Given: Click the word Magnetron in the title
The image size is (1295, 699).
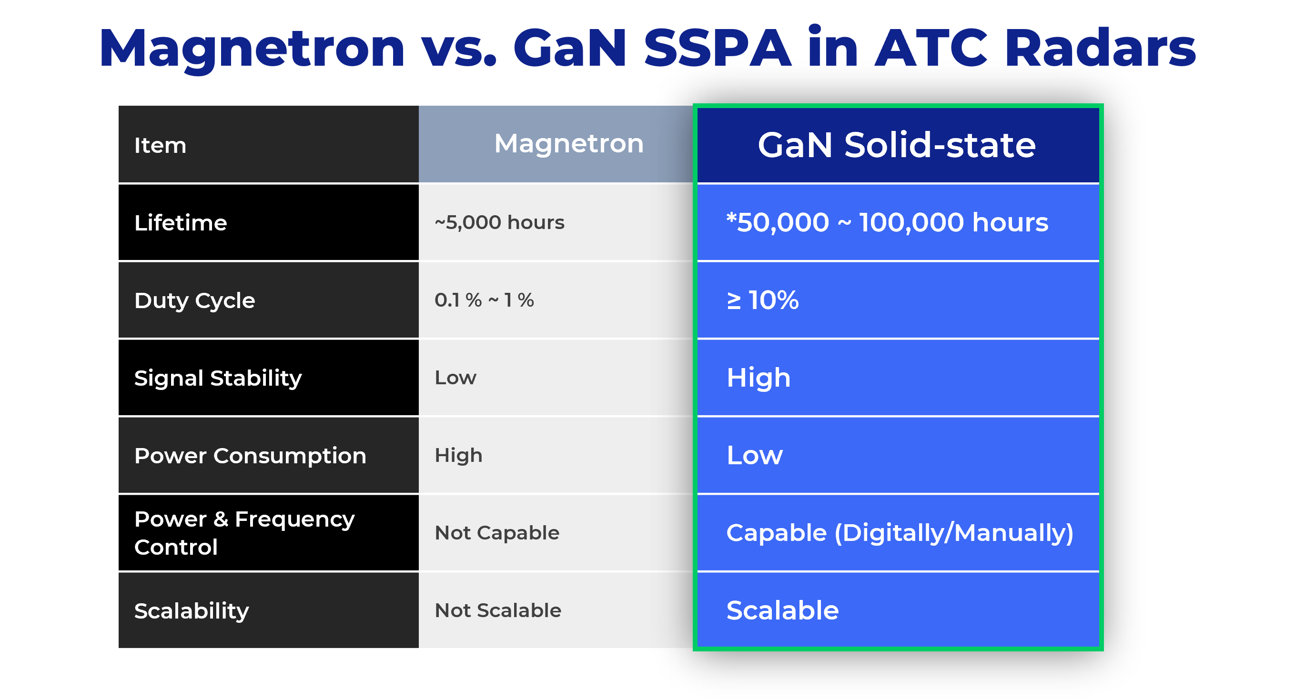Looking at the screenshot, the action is pyautogui.click(x=252, y=49).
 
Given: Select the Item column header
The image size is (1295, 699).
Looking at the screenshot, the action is pyautogui.click(x=160, y=145).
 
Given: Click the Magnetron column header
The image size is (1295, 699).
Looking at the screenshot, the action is pyautogui.click(x=568, y=144).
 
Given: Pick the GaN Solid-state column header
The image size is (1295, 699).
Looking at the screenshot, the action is pyautogui.click(x=897, y=145).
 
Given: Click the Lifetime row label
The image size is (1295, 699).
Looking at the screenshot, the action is pyautogui.click(x=181, y=223).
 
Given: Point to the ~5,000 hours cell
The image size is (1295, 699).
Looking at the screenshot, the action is pyautogui.click(x=499, y=222).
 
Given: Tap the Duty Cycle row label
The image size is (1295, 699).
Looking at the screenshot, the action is pyautogui.click(x=194, y=300).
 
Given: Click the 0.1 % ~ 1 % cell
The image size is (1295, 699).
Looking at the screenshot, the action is pyautogui.click(x=484, y=300).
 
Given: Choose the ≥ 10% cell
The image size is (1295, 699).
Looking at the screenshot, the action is pyautogui.click(x=763, y=300).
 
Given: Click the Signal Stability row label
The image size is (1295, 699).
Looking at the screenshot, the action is pyautogui.click(x=218, y=378).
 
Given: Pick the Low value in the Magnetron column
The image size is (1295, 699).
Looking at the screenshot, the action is pyautogui.click(x=455, y=378).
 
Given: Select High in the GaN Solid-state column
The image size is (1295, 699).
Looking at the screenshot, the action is pyautogui.click(x=759, y=378).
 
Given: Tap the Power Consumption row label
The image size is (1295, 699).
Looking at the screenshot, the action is pyautogui.click(x=250, y=456).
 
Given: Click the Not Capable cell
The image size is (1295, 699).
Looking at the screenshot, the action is pyautogui.click(x=496, y=533).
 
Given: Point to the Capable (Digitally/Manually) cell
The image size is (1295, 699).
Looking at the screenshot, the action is pyautogui.click(x=900, y=533).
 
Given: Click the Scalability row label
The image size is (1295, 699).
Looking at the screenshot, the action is pyautogui.click(x=192, y=611).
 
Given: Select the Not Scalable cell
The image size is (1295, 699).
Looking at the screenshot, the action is pyautogui.click(x=498, y=610).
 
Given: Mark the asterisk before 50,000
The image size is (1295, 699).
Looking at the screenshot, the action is pyautogui.click(x=731, y=217).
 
